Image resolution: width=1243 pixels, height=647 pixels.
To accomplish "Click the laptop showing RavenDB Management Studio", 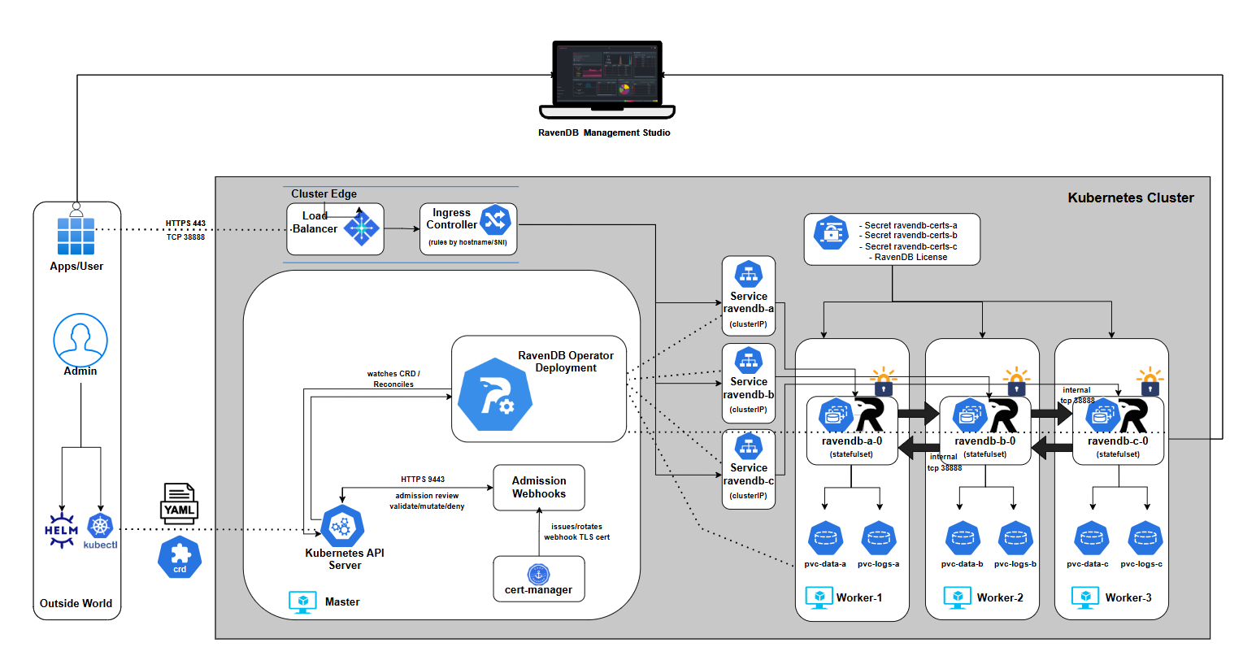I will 606,80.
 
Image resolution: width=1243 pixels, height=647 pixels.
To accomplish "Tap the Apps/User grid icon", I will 76,236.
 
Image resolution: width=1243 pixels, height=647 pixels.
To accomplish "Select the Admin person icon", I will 80,341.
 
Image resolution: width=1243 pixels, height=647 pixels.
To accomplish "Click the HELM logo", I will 61,531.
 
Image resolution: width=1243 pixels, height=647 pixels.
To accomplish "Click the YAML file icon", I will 180,502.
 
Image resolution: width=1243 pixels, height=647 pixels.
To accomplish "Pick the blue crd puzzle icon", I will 180,558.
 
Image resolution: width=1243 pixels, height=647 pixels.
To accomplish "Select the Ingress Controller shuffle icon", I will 494,219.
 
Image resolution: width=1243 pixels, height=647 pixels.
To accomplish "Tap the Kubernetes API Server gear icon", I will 342,527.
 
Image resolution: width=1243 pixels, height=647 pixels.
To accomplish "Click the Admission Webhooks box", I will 539,488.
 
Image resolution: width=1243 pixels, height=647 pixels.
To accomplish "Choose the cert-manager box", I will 539,580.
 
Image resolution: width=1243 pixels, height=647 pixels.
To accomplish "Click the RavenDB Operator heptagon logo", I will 495,394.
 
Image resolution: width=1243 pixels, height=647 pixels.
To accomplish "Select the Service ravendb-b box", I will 749,381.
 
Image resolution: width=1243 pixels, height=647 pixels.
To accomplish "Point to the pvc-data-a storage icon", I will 825,538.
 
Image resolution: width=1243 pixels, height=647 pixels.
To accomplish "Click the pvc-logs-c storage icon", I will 1145,538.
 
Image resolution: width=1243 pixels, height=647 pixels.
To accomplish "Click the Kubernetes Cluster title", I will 1131,198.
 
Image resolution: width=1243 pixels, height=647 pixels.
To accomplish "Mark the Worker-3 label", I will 1128,597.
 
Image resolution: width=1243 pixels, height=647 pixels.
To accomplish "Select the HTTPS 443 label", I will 185,224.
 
